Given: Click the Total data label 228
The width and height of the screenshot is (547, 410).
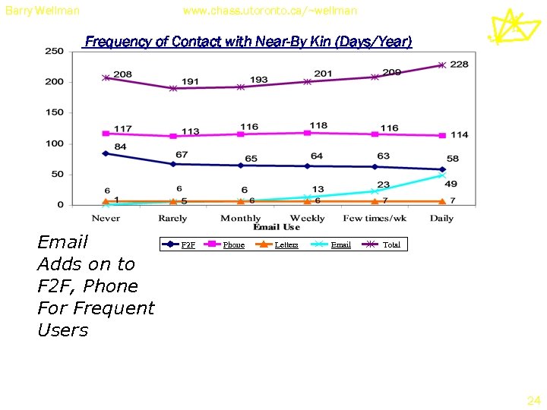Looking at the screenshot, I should (x=459, y=65).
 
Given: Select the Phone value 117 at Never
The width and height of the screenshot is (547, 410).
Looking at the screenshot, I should (x=123, y=128).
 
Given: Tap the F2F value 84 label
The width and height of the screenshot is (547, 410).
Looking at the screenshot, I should (x=120, y=146).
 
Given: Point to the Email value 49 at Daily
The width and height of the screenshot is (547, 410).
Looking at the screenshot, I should (x=451, y=184).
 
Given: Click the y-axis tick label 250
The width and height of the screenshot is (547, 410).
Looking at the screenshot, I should (x=54, y=51).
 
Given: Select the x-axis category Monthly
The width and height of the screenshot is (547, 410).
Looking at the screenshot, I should (x=240, y=218).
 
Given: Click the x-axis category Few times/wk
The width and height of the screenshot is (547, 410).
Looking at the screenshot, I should (x=375, y=218).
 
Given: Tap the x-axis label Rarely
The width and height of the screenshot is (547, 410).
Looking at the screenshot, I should (x=172, y=218).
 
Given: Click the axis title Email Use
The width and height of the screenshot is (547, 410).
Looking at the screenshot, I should (x=277, y=227).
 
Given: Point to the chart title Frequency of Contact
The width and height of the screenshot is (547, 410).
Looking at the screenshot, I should (x=248, y=42).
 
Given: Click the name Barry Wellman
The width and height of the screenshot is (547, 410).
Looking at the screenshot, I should (x=42, y=11).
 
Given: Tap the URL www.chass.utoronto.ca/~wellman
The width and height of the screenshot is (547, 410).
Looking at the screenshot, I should (x=270, y=11).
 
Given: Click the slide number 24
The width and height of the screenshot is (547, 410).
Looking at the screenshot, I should (x=533, y=399).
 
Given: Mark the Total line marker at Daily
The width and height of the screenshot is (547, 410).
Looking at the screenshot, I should (x=441, y=65).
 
